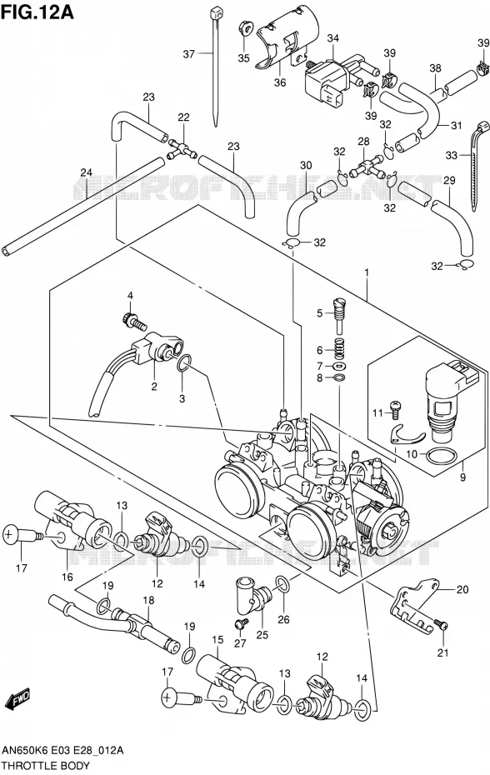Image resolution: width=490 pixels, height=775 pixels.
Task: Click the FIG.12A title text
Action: tap(37, 12)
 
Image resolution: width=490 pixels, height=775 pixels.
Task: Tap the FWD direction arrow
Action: tap(17, 699)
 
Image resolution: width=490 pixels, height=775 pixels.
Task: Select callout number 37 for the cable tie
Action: tap(189, 53)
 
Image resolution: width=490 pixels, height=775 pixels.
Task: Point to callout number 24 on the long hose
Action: tap(87, 172)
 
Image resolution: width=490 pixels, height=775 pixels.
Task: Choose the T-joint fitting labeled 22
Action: tap(181, 148)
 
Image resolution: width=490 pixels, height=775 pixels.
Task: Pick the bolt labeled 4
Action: tap(133, 320)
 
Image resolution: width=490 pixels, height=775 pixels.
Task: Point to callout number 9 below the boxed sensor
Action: tap(462, 477)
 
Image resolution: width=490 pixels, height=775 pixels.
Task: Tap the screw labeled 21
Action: tap(441, 624)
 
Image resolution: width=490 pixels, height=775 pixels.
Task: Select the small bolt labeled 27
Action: tap(242, 623)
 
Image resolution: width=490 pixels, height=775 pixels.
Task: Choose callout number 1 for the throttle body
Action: tap(367, 272)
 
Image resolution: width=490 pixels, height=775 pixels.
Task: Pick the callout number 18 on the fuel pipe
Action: tap(148, 600)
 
